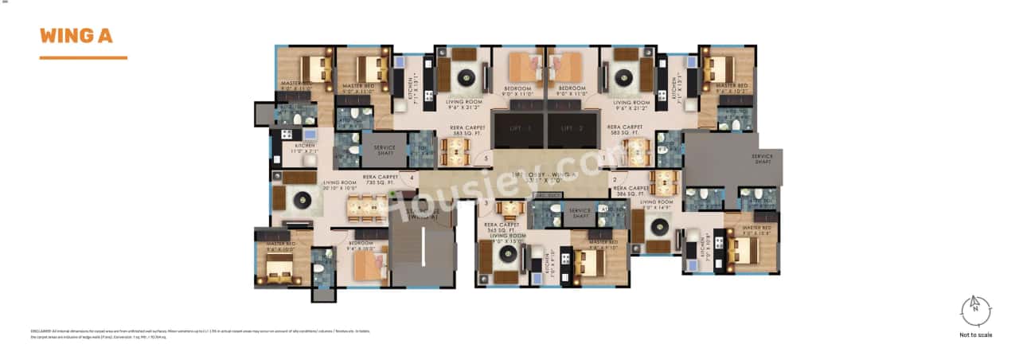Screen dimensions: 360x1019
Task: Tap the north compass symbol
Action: click(975, 311)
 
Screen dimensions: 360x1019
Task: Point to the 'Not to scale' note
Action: click(975, 335)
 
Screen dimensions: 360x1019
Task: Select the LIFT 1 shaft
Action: click(518, 129)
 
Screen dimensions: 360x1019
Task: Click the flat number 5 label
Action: click(486, 158)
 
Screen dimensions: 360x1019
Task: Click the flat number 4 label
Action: click(412, 178)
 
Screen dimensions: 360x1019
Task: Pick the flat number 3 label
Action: click(486, 203)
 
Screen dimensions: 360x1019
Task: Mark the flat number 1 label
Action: click(603, 158)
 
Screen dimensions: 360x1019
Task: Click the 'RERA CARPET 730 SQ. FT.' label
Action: click(381, 180)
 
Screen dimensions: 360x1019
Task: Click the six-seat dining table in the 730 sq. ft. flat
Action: click(366, 208)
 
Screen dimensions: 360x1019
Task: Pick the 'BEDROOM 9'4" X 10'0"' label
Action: click(361, 245)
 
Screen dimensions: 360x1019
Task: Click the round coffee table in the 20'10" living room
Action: click(301, 199)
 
